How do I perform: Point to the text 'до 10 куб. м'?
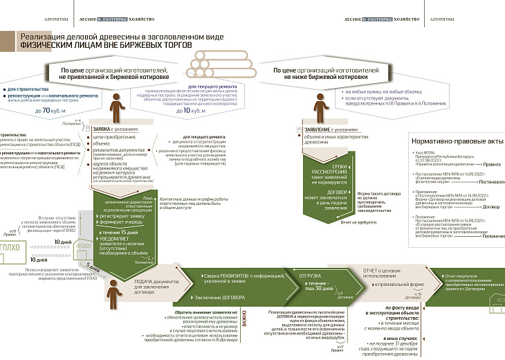[x=191, y=110]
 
